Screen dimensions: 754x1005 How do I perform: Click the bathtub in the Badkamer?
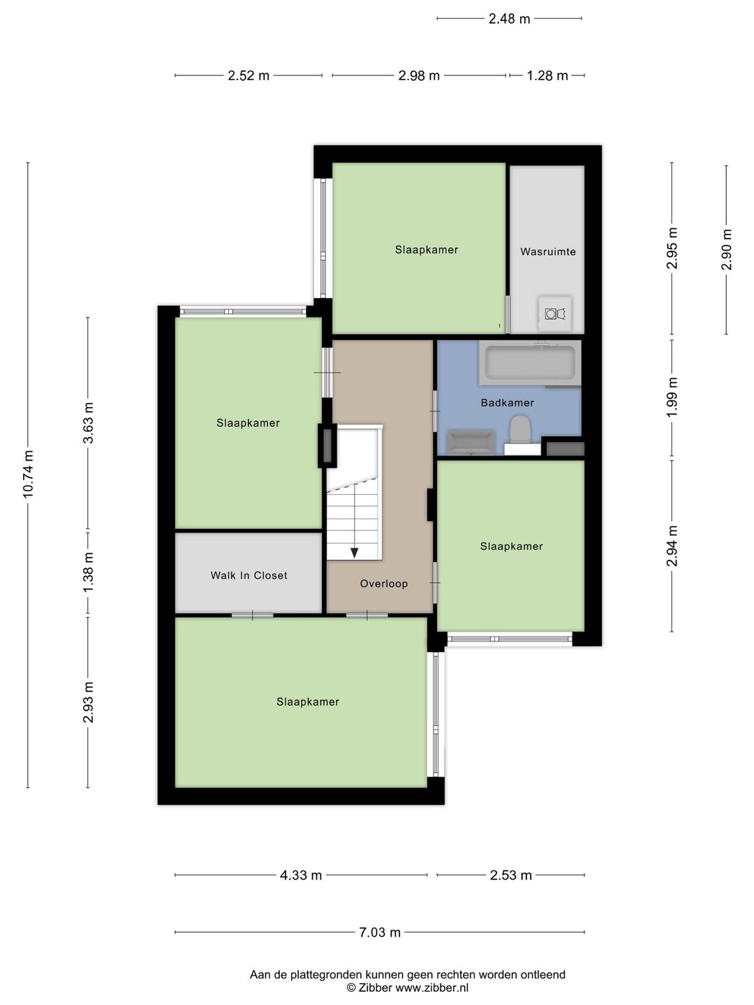(530, 362)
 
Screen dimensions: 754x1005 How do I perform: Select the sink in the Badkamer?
(471, 442)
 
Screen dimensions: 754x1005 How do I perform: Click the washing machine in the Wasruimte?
(555, 313)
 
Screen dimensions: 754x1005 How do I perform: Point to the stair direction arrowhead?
(355, 553)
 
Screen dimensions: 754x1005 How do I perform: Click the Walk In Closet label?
(249, 575)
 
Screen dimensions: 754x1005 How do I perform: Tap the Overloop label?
(384, 583)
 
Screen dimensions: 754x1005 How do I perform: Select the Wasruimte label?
(548, 251)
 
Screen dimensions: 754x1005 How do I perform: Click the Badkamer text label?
(508, 403)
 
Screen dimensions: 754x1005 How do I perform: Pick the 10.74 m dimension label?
(28, 474)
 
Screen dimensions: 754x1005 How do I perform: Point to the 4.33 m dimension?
(301, 875)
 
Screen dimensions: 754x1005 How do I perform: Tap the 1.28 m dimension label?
(547, 75)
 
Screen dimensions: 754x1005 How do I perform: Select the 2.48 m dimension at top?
(509, 19)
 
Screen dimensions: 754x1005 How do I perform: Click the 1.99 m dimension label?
(672, 397)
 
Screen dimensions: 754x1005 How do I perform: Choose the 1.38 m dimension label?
(88, 572)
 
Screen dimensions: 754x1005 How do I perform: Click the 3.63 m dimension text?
(88, 423)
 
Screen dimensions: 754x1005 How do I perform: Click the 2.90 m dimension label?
(727, 250)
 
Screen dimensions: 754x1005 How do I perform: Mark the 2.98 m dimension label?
(419, 75)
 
